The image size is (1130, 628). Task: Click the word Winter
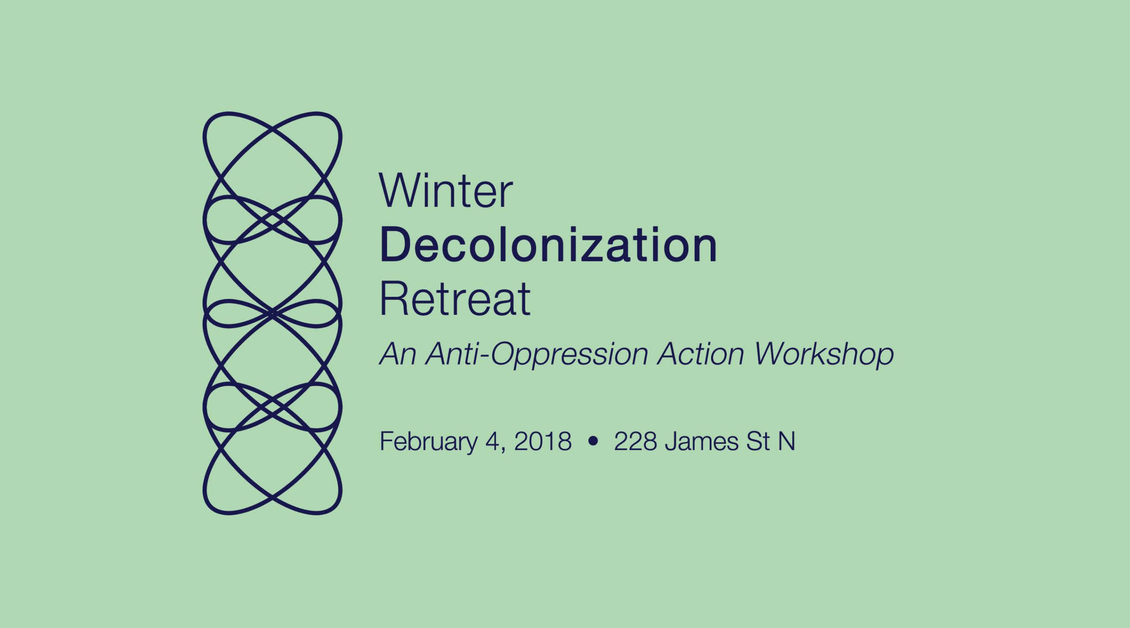click(x=446, y=190)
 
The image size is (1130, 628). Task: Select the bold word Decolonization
click(x=548, y=245)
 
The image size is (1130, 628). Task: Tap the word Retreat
click(x=455, y=299)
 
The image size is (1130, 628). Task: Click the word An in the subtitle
click(x=398, y=354)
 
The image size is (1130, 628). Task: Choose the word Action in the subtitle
click(x=701, y=354)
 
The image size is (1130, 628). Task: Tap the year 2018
click(x=543, y=441)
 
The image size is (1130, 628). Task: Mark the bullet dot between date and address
click(x=593, y=441)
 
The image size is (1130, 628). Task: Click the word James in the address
click(x=701, y=441)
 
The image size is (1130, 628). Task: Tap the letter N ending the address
click(x=787, y=441)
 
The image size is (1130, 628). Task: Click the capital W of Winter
click(x=401, y=190)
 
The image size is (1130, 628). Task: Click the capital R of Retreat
click(x=393, y=299)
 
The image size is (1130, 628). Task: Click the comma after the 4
click(x=504, y=450)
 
